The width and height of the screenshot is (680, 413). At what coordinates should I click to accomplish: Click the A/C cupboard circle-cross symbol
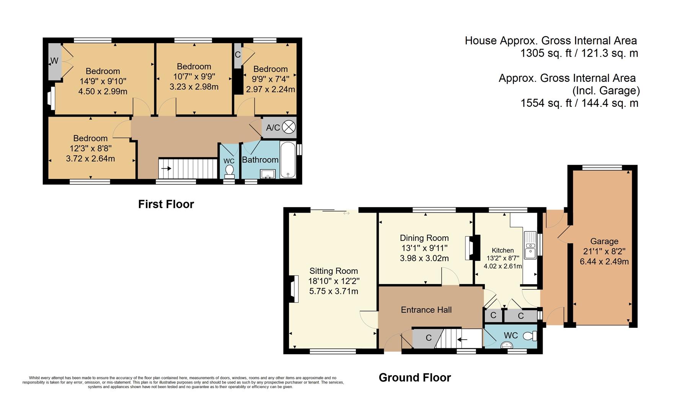(x=289, y=127)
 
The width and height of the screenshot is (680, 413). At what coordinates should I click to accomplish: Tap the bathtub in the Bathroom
(x=288, y=160)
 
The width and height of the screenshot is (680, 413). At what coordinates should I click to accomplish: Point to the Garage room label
(x=604, y=241)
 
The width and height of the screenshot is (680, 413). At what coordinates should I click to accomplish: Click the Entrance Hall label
(x=426, y=310)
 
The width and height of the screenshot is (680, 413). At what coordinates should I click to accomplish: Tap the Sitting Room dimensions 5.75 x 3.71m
(x=333, y=291)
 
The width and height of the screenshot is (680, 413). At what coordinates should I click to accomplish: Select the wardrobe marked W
(x=54, y=61)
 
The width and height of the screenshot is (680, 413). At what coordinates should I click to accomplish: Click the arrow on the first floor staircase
(x=166, y=168)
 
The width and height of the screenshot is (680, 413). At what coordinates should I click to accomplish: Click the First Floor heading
(x=166, y=204)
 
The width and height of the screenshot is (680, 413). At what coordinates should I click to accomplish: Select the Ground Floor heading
(x=414, y=378)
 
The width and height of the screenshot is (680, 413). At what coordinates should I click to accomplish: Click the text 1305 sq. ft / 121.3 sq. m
(x=579, y=53)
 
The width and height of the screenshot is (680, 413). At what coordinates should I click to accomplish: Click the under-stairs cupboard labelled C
(x=427, y=338)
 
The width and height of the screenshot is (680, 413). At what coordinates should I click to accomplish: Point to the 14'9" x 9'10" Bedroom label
(x=103, y=71)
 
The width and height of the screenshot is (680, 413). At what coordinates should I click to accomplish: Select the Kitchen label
(x=502, y=250)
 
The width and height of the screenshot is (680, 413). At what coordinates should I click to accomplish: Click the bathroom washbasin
(x=268, y=174)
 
